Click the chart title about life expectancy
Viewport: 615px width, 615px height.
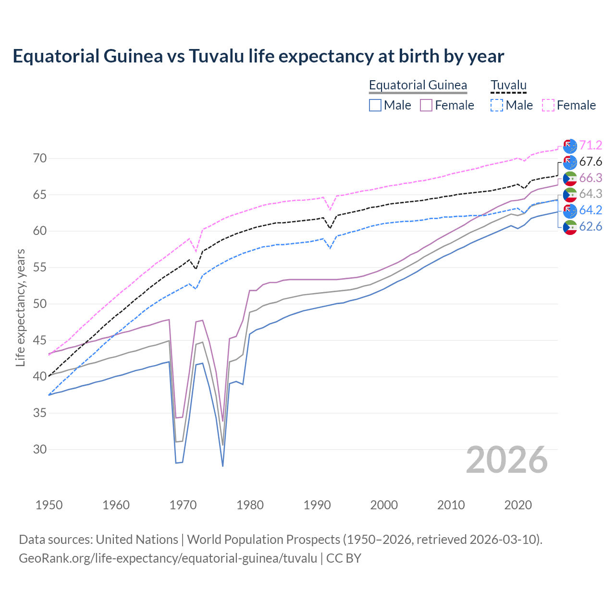[x=258, y=56]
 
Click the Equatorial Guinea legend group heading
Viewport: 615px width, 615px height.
[x=418, y=85]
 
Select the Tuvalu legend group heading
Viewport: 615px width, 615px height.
[x=508, y=85]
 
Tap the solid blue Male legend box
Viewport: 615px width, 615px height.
[x=375, y=105]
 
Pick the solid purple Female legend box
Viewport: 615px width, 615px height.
[x=426, y=105]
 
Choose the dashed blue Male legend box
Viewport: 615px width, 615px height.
[x=497, y=105]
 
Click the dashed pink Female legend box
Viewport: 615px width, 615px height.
[x=548, y=105]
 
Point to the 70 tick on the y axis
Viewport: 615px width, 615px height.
[x=40, y=159]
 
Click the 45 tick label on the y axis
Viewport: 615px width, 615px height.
[x=40, y=340]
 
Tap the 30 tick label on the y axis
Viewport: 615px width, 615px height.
[x=40, y=449]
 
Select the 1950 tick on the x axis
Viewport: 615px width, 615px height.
[x=49, y=505]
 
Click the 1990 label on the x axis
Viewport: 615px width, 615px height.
[x=317, y=505]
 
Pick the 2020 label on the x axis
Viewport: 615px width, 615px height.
[x=518, y=505]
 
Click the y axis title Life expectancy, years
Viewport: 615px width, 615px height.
[x=20, y=307]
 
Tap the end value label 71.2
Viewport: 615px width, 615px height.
[x=590, y=145]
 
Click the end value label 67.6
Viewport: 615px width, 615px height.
[x=590, y=161]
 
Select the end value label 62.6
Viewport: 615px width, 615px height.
[x=590, y=226]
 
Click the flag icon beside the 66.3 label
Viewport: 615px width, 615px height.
[x=570, y=178]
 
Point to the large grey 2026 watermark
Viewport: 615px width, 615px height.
[x=507, y=460]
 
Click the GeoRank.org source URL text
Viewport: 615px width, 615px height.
[x=168, y=558]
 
